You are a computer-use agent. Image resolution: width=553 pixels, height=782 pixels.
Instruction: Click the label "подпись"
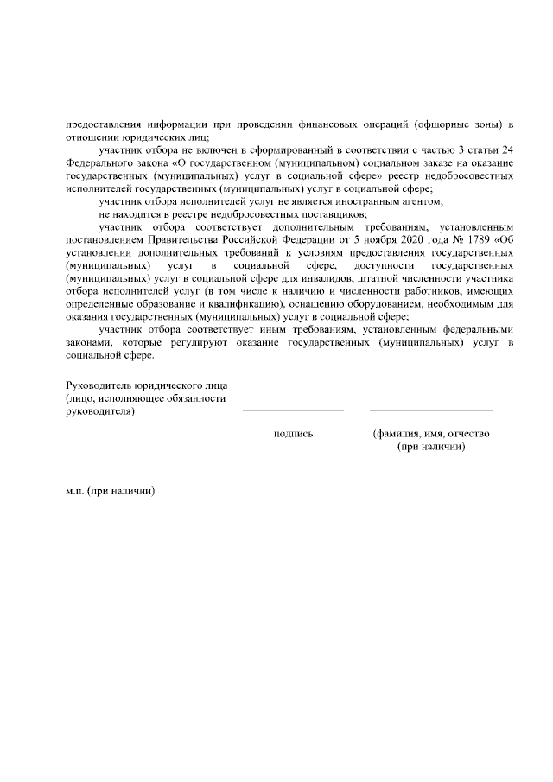tap(292, 434)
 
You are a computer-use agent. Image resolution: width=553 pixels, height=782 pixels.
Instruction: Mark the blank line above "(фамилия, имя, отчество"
tap(430, 410)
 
